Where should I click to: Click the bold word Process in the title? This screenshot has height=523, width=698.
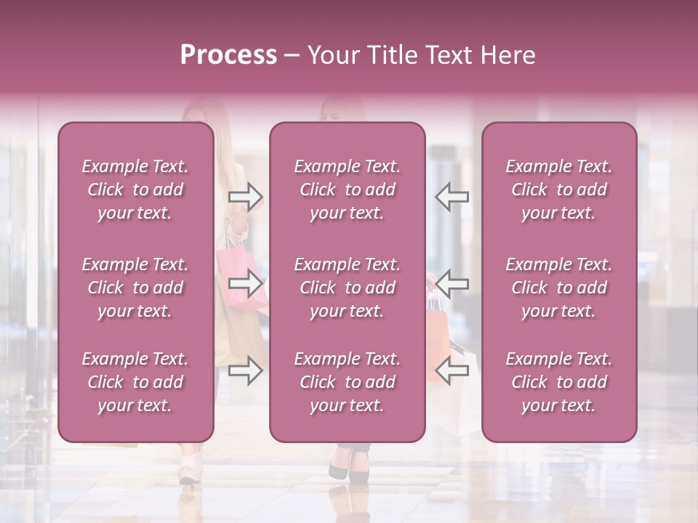pyautogui.click(x=228, y=55)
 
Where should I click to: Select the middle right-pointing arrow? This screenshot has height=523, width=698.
pyautogui.click(x=245, y=283)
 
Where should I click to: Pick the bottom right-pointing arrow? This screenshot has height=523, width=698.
pyautogui.click(x=245, y=370)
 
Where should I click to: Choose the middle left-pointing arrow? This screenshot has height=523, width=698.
pyautogui.click(x=452, y=283)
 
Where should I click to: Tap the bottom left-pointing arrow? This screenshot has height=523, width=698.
pyautogui.click(x=452, y=370)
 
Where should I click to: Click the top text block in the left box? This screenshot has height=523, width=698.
pyautogui.click(x=135, y=190)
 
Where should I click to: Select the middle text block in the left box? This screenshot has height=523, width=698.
pyautogui.click(x=135, y=288)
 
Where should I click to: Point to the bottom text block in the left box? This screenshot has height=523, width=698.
pyautogui.click(x=135, y=382)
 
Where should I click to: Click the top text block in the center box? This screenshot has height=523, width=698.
pyautogui.click(x=347, y=190)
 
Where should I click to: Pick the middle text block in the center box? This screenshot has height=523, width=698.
pyautogui.click(x=347, y=288)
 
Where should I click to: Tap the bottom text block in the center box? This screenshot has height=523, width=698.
pyautogui.click(x=347, y=382)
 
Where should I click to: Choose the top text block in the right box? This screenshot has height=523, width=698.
pyautogui.click(x=558, y=190)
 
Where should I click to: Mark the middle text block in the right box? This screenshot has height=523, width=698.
pyautogui.click(x=558, y=288)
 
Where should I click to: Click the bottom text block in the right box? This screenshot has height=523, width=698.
pyautogui.click(x=558, y=382)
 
